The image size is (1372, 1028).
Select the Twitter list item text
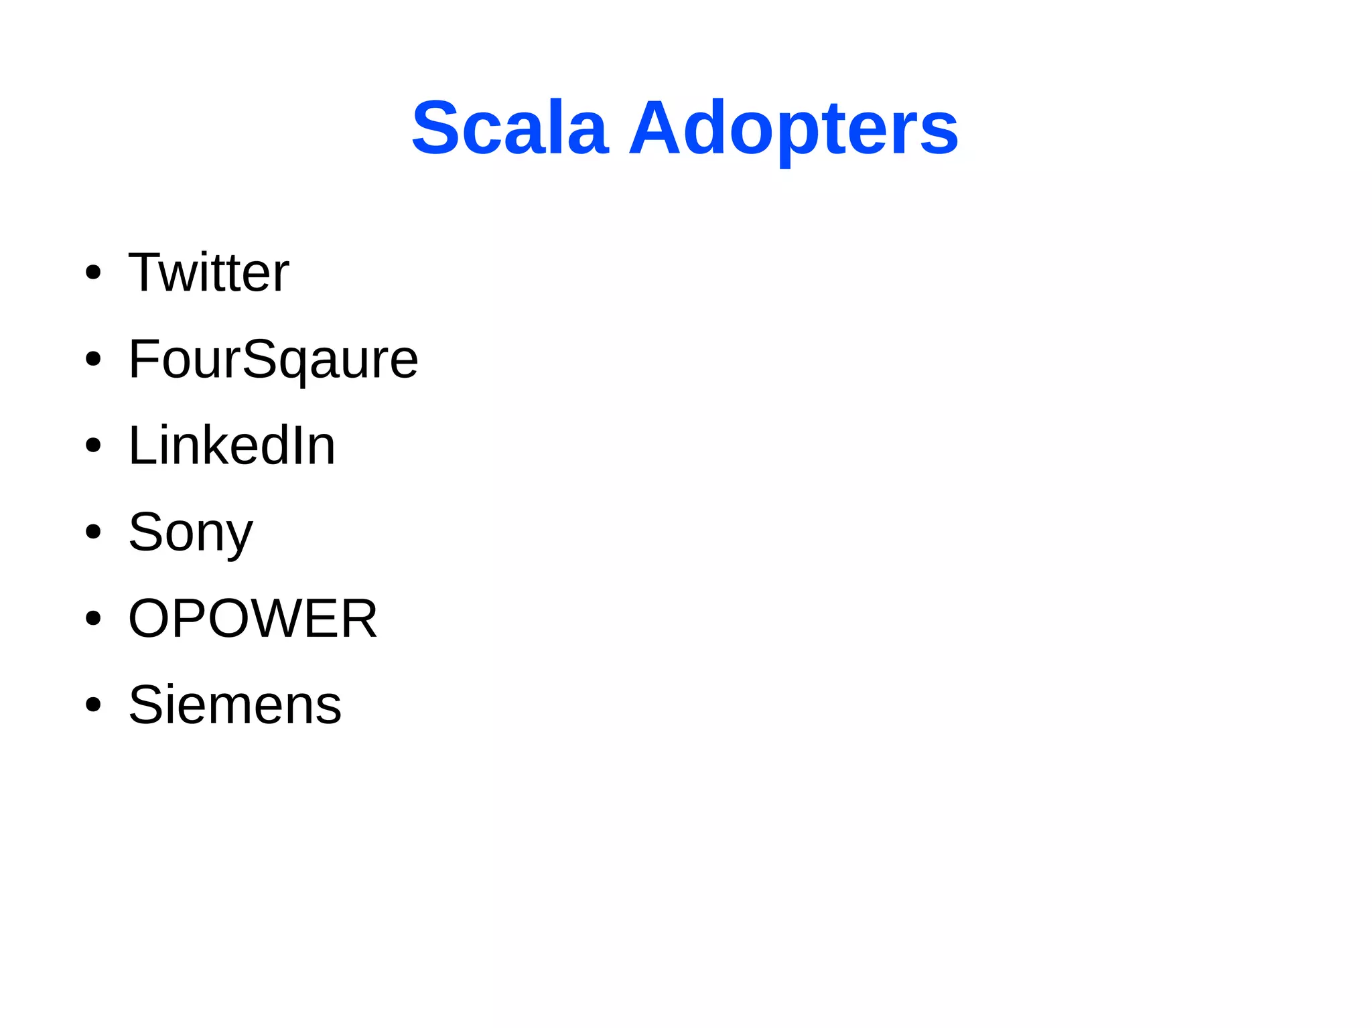[x=208, y=273]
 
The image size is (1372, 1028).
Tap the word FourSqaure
[x=273, y=360]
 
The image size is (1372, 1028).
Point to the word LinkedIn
[x=232, y=445]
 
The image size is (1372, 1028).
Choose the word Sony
[x=191, y=532]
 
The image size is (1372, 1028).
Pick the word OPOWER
[x=253, y=618]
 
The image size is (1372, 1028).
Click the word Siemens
[x=235, y=705]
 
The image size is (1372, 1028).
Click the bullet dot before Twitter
[x=93, y=273]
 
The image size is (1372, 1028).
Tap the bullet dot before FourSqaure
[x=93, y=359]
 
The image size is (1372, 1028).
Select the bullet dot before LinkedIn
[x=93, y=445]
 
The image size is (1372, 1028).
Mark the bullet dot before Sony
[x=93, y=532]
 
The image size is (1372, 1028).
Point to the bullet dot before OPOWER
[x=93, y=618]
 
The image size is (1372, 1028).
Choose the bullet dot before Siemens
[x=93, y=705]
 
